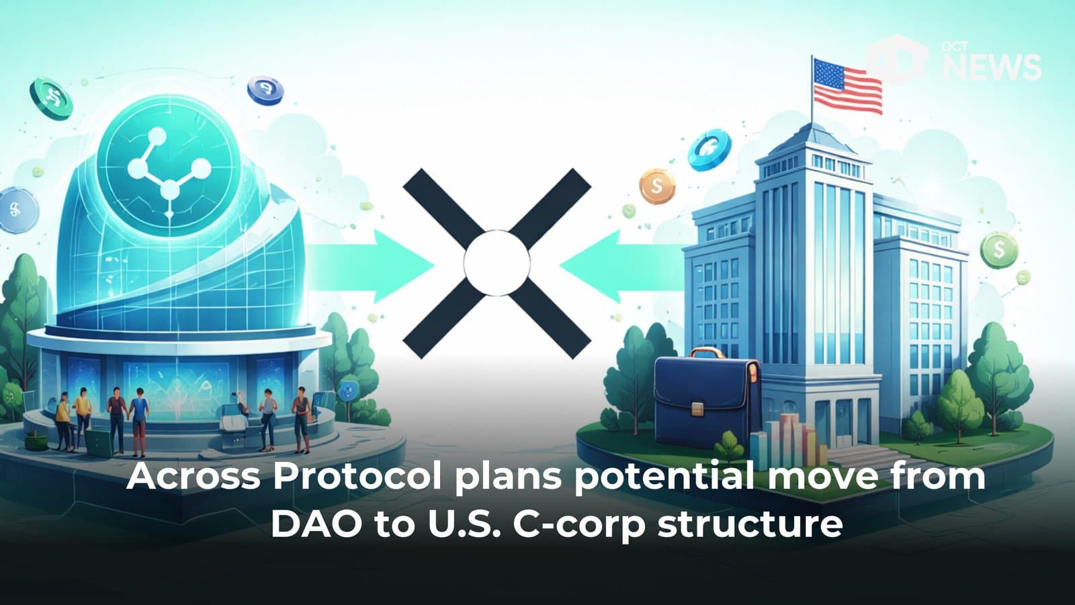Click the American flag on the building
pyautogui.click(x=847, y=87)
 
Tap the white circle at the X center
pyautogui.click(x=497, y=263)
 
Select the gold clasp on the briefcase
pyautogui.click(x=699, y=408)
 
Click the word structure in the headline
pyautogui.click(x=750, y=524)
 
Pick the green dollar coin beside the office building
pyautogui.click(x=999, y=250)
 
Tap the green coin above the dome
pyautogui.click(x=51, y=98)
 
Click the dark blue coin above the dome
pyautogui.click(x=265, y=89)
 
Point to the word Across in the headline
pyautogui.click(x=193, y=477)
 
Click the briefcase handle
pyautogui.click(x=705, y=354)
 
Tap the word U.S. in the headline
pyautogui.click(x=464, y=524)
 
